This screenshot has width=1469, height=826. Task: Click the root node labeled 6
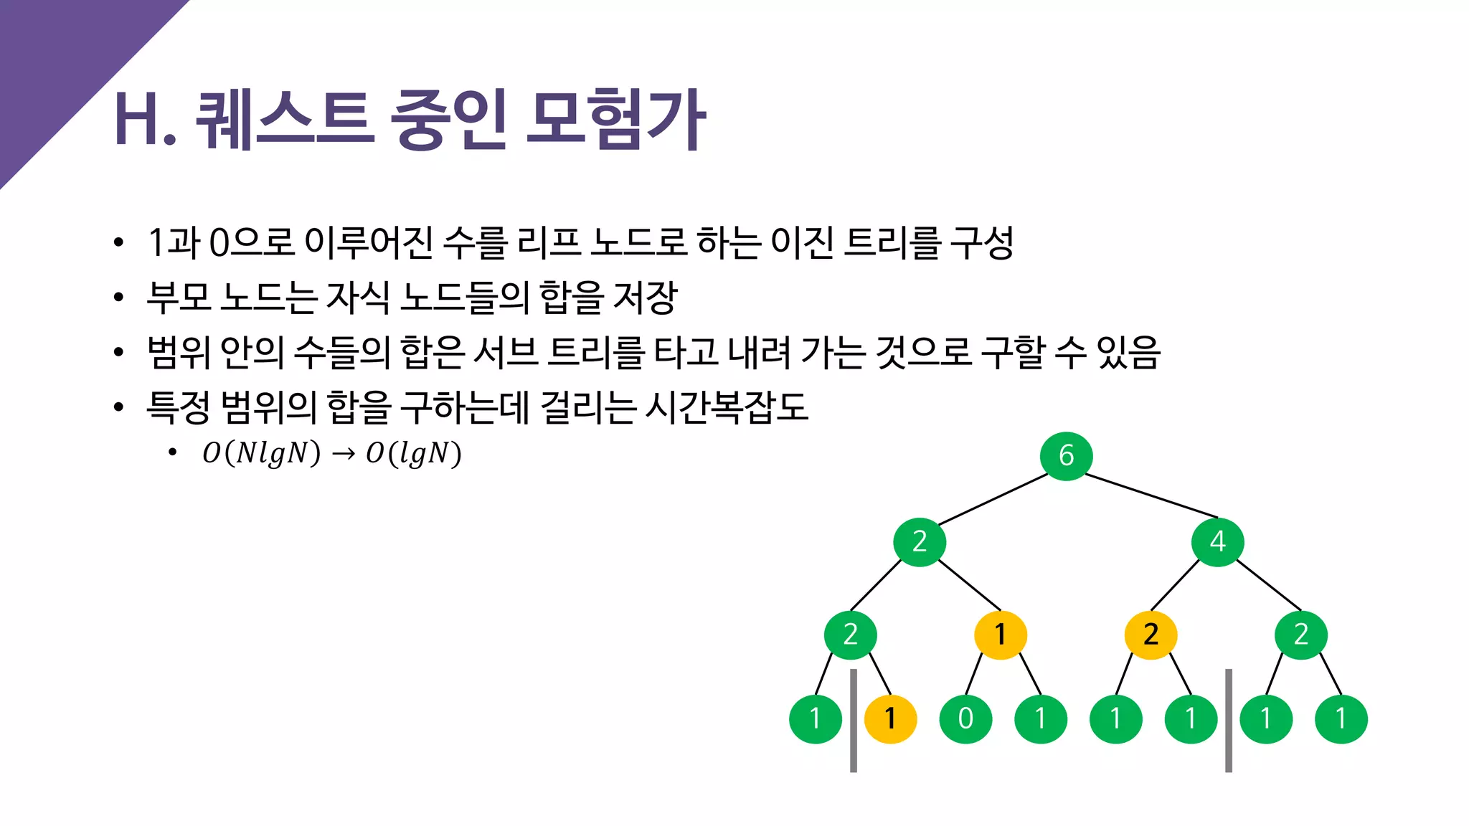click(1066, 456)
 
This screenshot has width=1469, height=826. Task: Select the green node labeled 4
click(1217, 541)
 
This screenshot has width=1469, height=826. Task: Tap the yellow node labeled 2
click(1151, 635)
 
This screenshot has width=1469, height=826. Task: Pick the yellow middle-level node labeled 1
click(1000, 635)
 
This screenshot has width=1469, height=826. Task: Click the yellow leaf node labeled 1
click(890, 718)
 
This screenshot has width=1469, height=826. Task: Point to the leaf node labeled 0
click(965, 718)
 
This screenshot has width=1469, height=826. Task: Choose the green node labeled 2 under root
click(920, 541)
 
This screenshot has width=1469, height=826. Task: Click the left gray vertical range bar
click(853, 721)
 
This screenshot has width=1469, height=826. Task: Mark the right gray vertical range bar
click(1229, 721)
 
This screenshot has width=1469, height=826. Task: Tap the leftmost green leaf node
click(815, 718)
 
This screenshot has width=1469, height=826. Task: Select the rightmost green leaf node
click(1341, 718)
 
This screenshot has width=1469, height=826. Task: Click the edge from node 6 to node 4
click(1151, 495)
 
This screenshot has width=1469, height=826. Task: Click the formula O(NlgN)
click(261, 453)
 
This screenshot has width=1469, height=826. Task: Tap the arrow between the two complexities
click(344, 454)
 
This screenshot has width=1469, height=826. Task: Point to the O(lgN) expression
click(413, 453)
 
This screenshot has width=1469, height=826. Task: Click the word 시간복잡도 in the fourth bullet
click(726, 407)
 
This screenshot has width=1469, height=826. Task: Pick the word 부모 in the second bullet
click(179, 297)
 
